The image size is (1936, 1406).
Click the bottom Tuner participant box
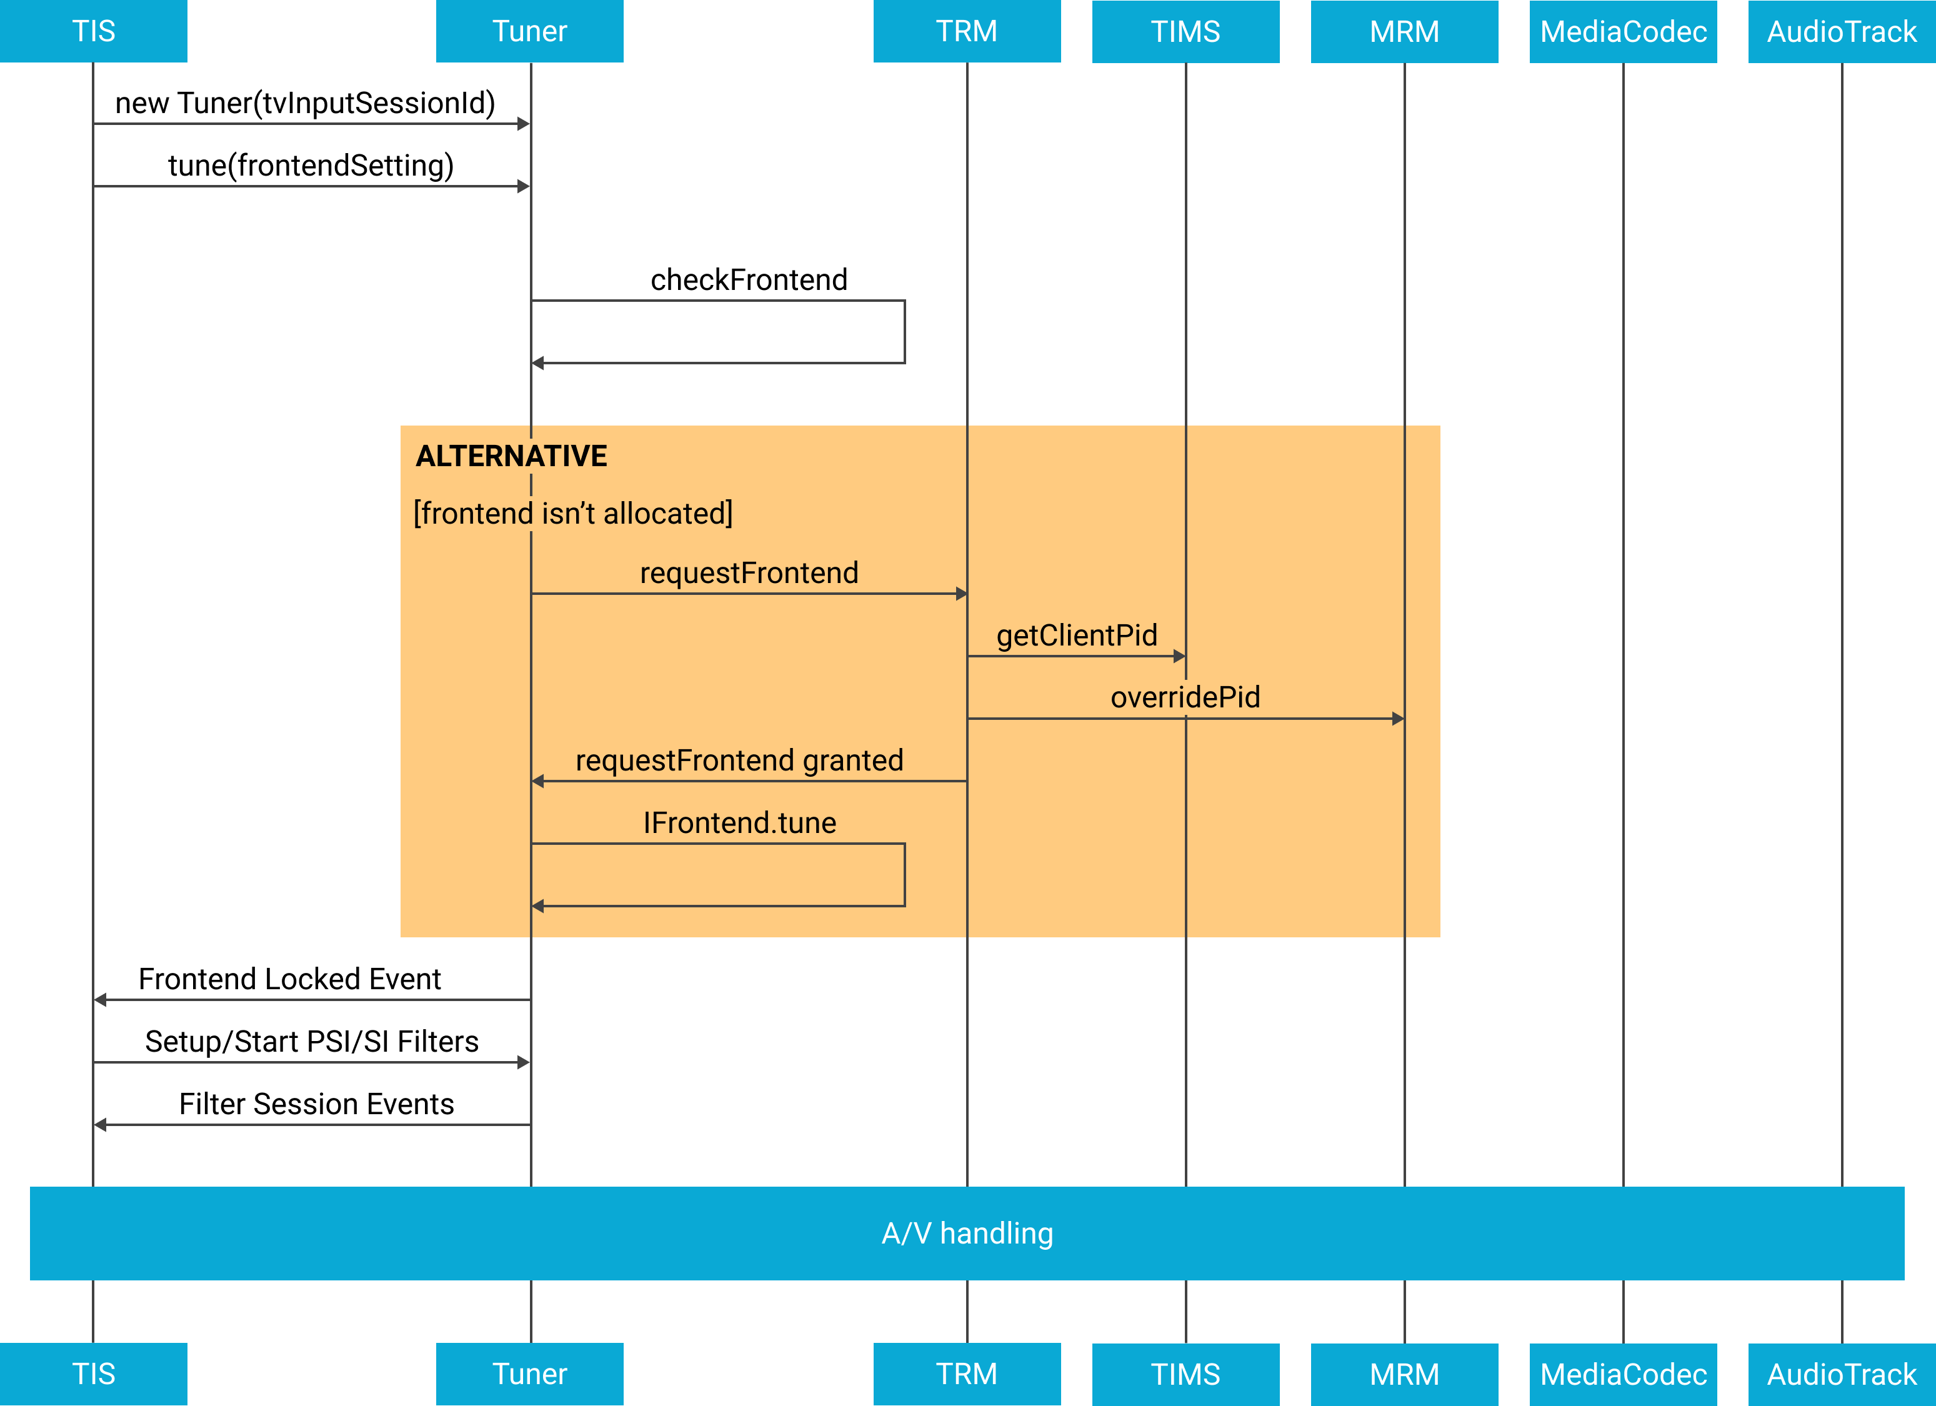pos(529,1374)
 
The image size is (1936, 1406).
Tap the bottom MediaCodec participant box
pos(1623,1374)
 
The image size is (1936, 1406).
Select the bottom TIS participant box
pos(93,1374)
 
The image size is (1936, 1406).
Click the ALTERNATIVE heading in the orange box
pos(511,456)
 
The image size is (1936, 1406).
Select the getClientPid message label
pos(1076,635)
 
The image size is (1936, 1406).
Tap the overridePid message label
pos(1185,697)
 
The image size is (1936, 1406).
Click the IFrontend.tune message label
pos(739,823)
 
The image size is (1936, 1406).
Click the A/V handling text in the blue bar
pos(967,1233)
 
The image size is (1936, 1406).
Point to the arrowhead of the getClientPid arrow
pos(1180,657)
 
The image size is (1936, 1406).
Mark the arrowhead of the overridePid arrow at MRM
pos(1398,719)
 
